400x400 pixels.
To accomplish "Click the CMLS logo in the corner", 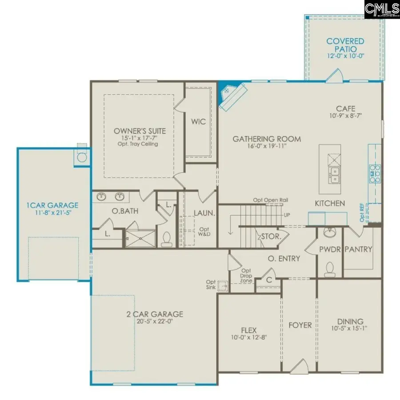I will coord(381,8).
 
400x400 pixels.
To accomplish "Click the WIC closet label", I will coord(199,121).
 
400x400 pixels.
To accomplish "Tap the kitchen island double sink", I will coord(334,175).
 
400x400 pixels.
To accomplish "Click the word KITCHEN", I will coord(330,204).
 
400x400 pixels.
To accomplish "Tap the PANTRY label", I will coord(358,249).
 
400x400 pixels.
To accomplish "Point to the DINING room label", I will coord(350,321).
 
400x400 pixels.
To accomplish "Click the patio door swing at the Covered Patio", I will coord(334,76).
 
